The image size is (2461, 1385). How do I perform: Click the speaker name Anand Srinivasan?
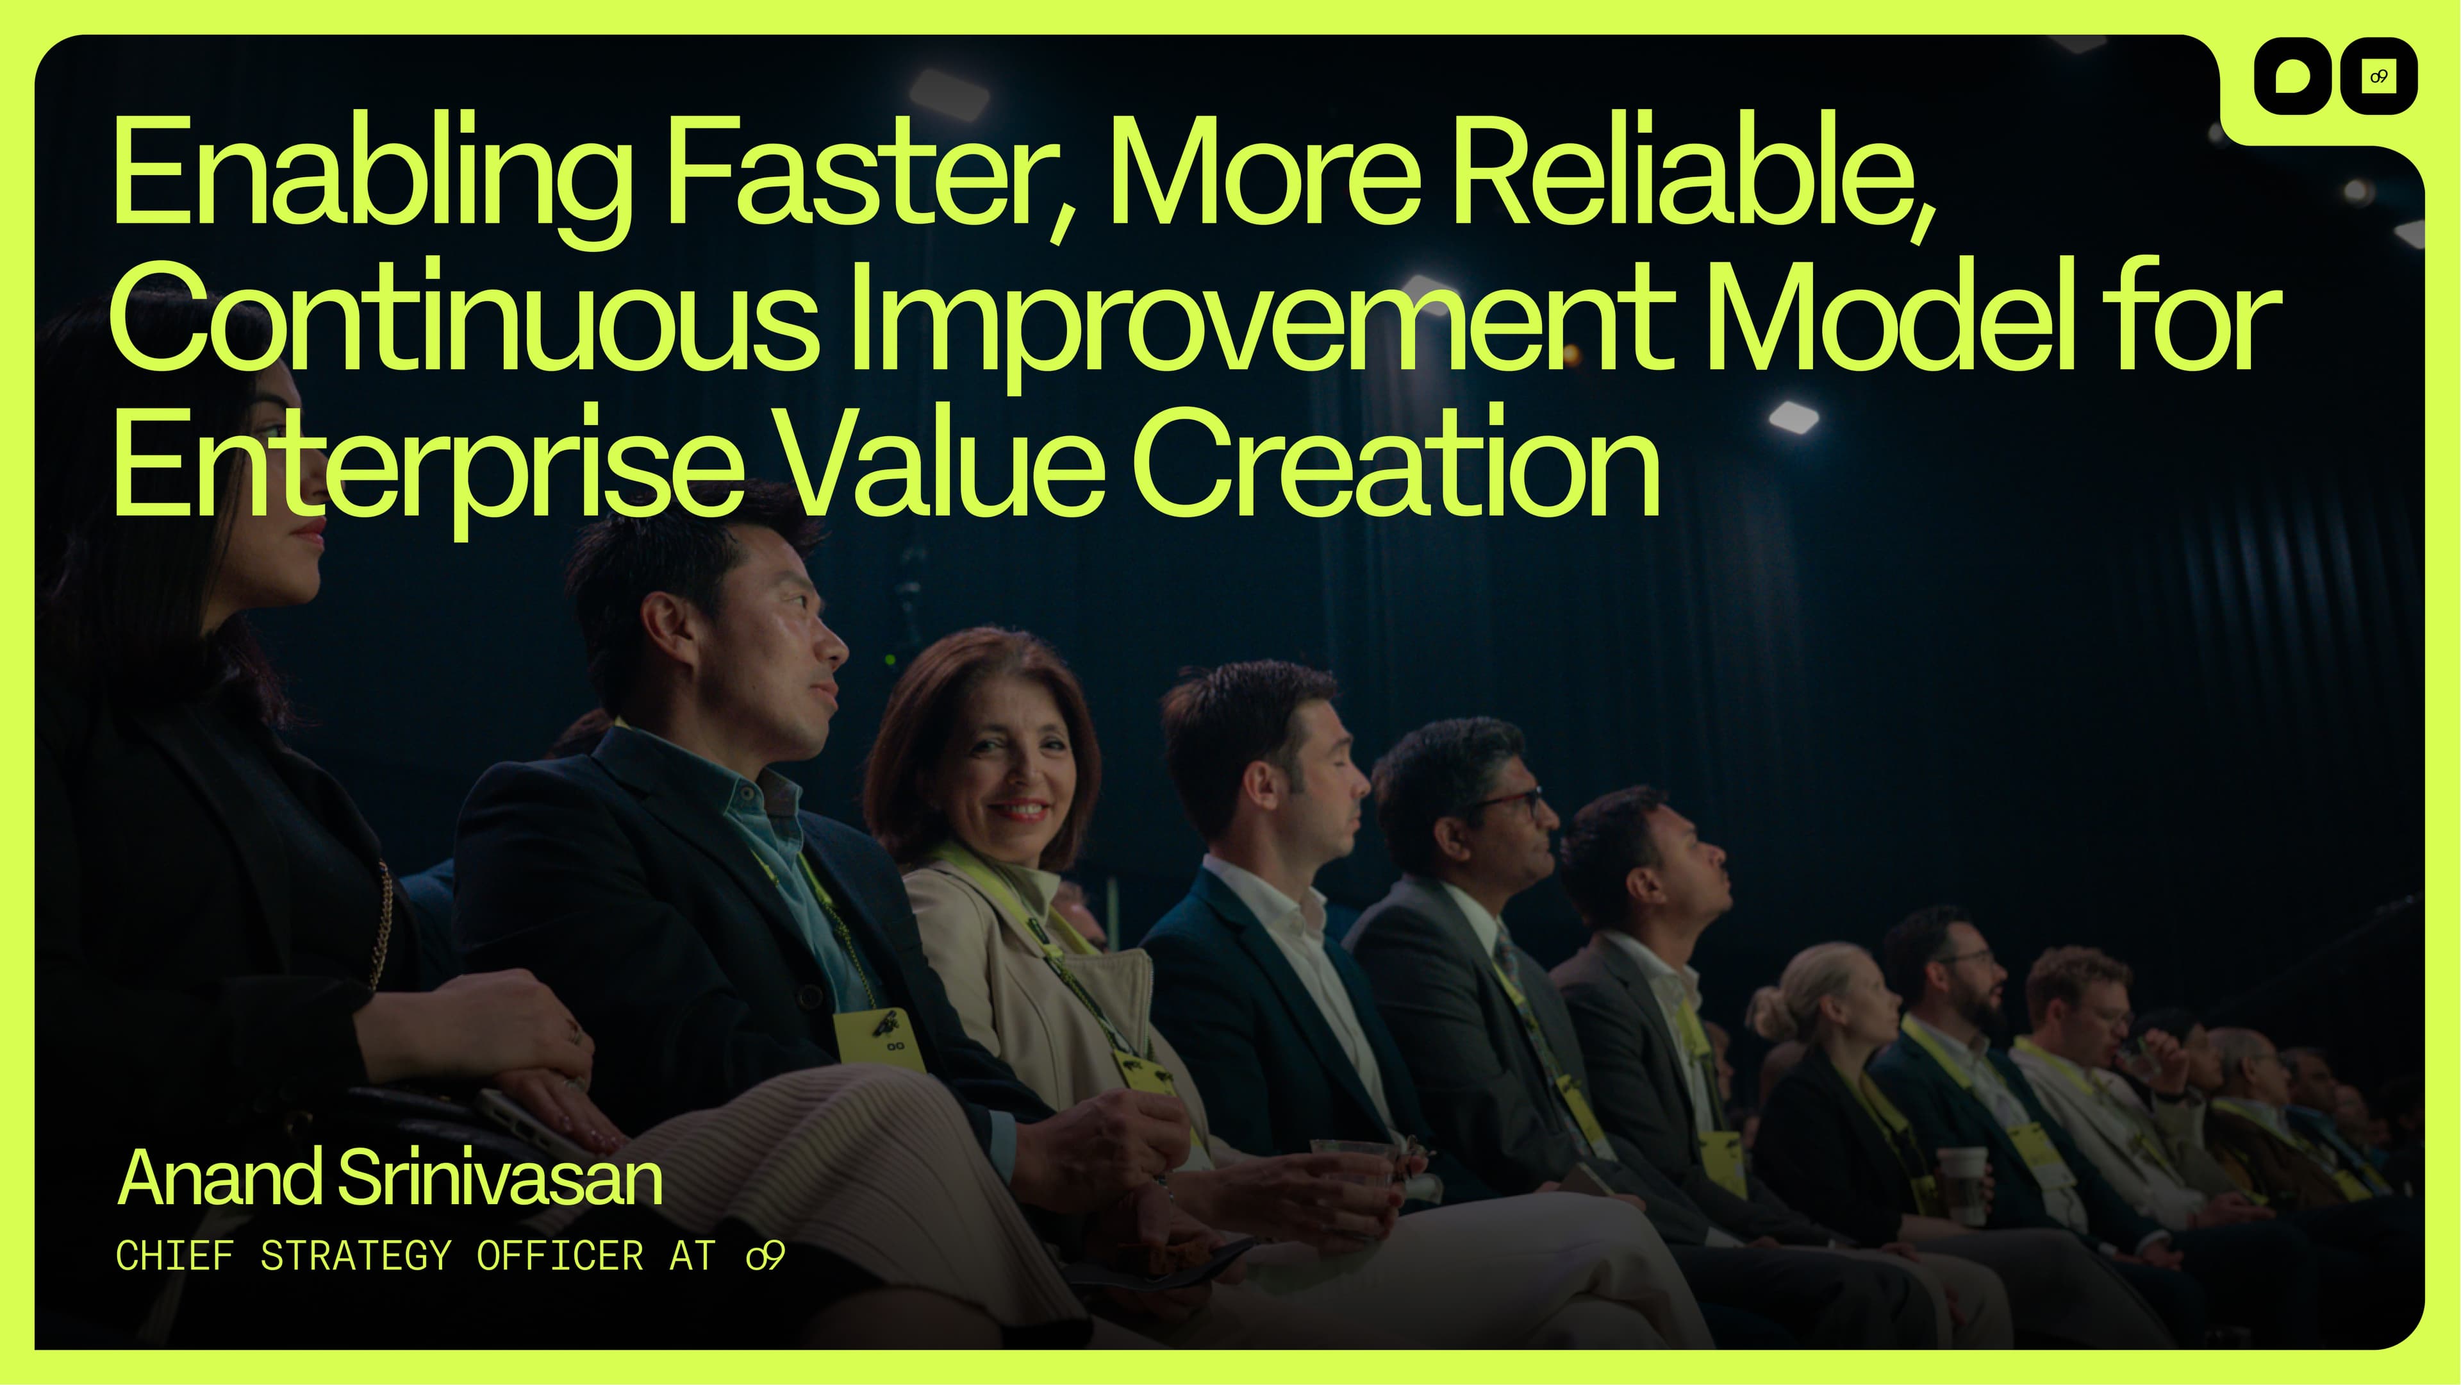coord(390,1178)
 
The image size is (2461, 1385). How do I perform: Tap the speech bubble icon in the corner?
coord(2292,76)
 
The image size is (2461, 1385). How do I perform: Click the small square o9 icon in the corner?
coord(2378,76)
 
